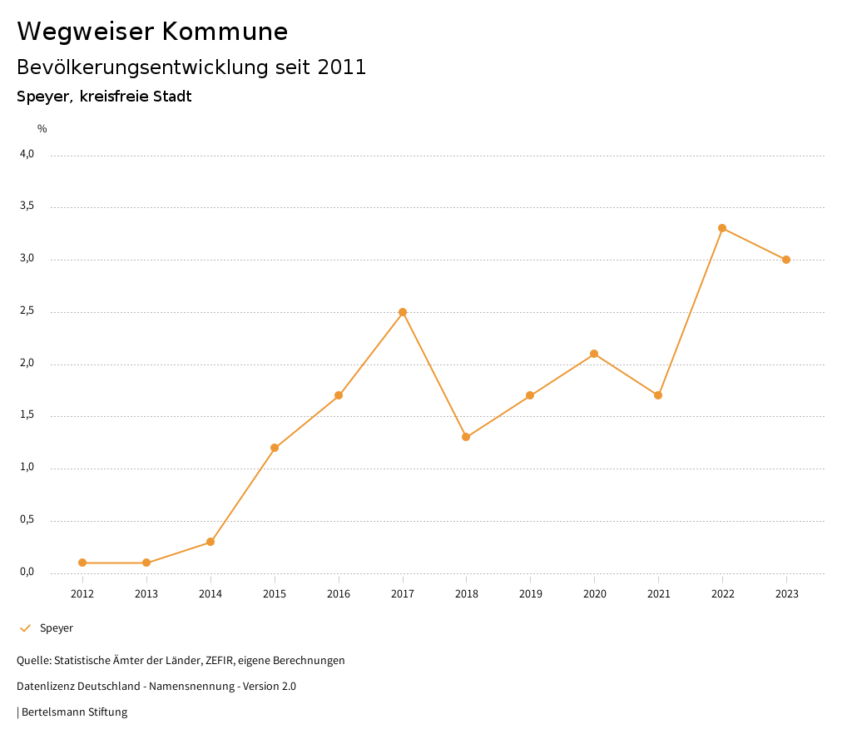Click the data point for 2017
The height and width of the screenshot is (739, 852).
point(403,312)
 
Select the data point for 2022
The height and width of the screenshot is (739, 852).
point(722,228)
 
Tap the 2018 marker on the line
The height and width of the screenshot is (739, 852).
point(466,437)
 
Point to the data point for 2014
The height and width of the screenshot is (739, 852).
point(211,542)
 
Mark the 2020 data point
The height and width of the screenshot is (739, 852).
point(594,354)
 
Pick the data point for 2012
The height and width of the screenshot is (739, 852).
point(82,563)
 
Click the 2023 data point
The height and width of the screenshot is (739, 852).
point(786,260)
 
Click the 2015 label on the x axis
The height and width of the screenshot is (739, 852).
point(275,594)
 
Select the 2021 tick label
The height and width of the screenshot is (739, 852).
point(658,594)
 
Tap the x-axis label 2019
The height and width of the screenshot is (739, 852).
point(530,594)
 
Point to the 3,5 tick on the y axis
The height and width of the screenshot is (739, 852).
point(27,206)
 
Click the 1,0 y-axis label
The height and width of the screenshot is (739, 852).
point(27,468)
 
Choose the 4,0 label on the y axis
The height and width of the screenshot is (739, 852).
point(27,154)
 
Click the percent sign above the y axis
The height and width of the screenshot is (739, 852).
point(42,129)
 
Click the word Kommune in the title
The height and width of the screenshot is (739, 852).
point(225,32)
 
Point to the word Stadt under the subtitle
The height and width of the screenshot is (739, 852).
point(172,97)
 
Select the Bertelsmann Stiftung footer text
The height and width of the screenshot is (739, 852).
point(74,712)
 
